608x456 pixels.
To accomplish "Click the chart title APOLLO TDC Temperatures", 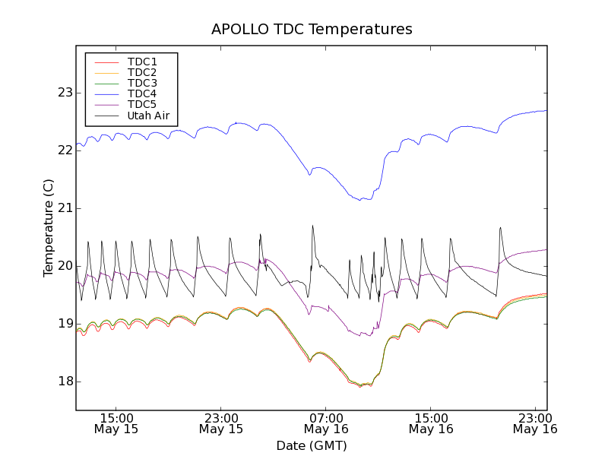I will pos(312,30).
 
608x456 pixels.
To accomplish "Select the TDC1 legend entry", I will pos(142,62).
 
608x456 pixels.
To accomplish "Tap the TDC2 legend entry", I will pos(142,72).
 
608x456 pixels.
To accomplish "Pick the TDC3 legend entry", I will pos(142,83).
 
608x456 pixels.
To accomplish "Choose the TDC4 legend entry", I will pos(142,93).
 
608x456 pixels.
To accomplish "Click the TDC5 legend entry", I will pos(142,105).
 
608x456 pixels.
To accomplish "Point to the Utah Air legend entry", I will pos(147,116).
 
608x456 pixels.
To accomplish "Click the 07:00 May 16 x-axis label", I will pos(326,423).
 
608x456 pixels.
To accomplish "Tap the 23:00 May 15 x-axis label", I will pos(221,423).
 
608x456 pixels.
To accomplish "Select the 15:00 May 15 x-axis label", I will pos(116,423).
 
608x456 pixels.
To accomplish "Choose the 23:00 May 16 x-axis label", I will pos(536,423).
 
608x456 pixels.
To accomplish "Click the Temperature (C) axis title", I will pos(49,228).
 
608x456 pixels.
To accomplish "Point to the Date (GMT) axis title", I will pos(312,445).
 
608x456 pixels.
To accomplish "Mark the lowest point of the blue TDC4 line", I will pos(360,200).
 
